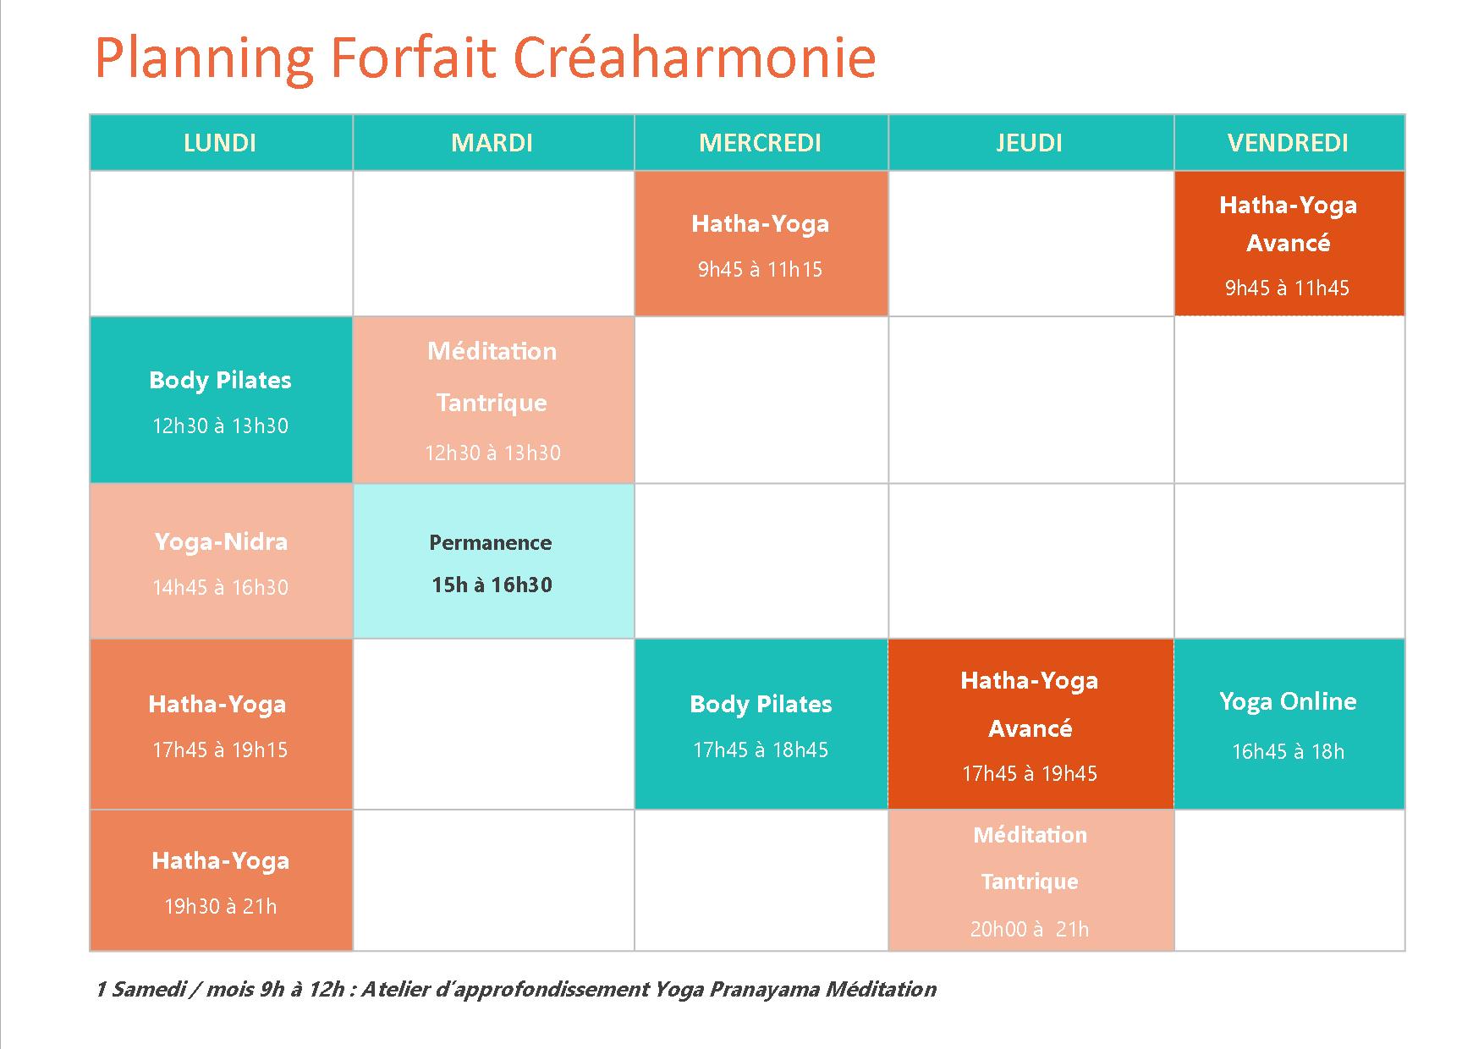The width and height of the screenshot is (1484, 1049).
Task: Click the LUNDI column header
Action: coord(220,142)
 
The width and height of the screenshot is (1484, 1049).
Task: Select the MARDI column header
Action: coord(492,142)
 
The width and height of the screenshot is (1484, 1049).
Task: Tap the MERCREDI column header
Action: coord(761,142)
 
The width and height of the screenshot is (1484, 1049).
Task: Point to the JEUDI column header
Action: coord(1030,142)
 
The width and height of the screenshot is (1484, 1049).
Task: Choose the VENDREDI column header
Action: coord(1289,142)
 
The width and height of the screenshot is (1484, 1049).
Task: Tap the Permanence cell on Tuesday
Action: coord(493,561)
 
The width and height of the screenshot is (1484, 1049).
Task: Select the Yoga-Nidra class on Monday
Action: coord(221,561)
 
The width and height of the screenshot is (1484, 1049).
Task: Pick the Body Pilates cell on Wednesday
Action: coord(761,724)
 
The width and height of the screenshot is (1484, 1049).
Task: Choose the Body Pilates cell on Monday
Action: coord(221,400)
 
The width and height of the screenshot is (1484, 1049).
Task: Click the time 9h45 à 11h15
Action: coord(761,270)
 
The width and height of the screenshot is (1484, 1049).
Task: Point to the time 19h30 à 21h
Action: coord(221,907)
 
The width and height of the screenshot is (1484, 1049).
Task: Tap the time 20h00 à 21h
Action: coord(1030,929)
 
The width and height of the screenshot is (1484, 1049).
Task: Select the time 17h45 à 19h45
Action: coord(1030,773)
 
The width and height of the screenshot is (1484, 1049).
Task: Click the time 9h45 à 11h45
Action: coord(1288,288)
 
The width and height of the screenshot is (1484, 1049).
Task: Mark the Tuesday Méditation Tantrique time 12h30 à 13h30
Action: coord(492,453)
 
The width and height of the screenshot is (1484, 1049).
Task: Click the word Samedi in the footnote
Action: coord(148,989)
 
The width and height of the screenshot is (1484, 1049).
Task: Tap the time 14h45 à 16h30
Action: coord(221,588)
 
